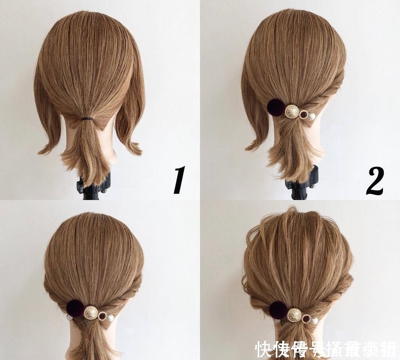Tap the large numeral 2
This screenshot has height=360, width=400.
pyautogui.click(x=374, y=181)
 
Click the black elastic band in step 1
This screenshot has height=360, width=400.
pyautogui.click(x=87, y=119)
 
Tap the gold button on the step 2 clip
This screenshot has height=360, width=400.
pyautogui.click(x=291, y=111)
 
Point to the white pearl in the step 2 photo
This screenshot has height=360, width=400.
pyautogui.click(x=312, y=117)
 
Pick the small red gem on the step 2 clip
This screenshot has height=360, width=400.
pyautogui.click(x=303, y=114)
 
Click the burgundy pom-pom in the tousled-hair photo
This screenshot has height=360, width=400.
pyautogui.click(x=278, y=310)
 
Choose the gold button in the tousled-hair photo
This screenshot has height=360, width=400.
pyautogui.click(x=294, y=315)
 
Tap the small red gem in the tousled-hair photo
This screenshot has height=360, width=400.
pyautogui.click(x=306, y=319)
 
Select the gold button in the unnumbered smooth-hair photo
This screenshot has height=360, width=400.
pyautogui.click(x=91, y=313)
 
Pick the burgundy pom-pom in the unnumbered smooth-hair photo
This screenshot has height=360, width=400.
pyautogui.click(x=75, y=308)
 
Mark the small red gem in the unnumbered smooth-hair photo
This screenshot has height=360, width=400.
pyautogui.click(x=103, y=316)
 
